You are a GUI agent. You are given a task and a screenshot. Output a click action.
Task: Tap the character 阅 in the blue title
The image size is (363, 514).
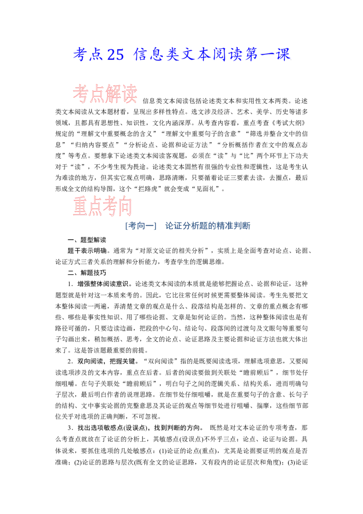point(221,55)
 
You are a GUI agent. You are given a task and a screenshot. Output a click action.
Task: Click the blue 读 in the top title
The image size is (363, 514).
point(239,55)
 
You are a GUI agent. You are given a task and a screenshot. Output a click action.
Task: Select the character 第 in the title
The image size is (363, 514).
point(257,55)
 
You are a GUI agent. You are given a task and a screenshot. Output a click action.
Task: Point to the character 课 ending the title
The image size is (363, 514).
point(283,55)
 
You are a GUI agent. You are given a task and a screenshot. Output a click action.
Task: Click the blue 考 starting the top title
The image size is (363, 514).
point(80,55)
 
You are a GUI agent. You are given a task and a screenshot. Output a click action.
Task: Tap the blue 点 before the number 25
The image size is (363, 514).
point(97,55)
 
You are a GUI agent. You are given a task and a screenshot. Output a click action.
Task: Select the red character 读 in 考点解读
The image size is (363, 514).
point(129,95)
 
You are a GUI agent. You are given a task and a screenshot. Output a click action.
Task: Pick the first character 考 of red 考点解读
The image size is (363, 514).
point(80,95)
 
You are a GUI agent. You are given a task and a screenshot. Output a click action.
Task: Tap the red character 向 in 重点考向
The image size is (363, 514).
point(125,207)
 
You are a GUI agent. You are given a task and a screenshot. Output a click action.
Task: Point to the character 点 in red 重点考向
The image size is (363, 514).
point(95,207)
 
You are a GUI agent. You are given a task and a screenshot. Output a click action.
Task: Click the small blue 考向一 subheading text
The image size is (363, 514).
point(135,226)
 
